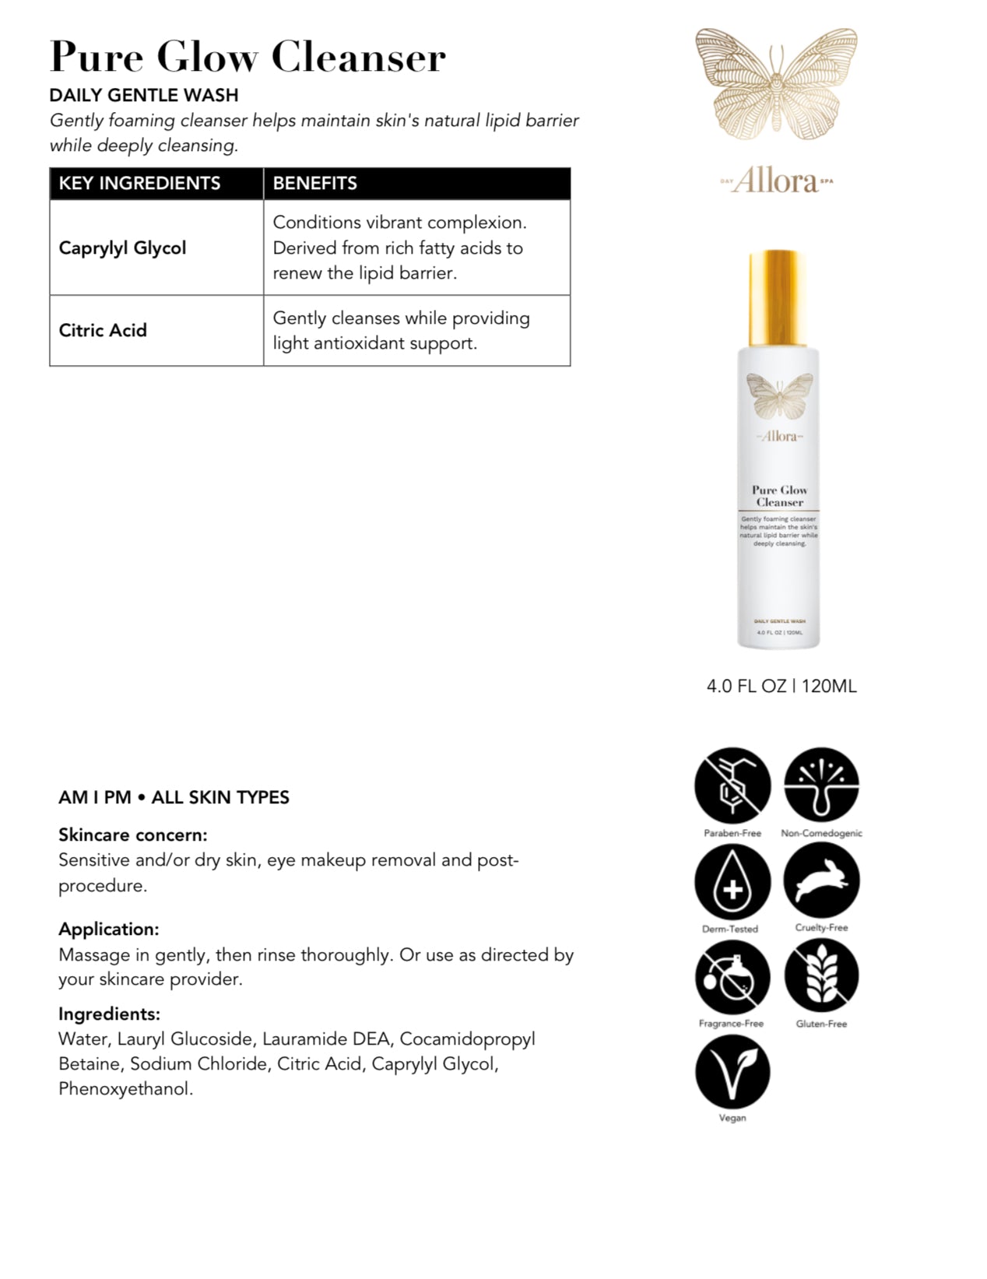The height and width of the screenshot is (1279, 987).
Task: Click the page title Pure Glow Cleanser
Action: point(248,57)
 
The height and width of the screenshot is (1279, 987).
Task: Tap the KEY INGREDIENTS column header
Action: point(140,184)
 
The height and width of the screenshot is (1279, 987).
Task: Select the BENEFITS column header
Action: point(315,184)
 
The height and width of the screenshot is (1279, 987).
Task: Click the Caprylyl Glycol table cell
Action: point(123,248)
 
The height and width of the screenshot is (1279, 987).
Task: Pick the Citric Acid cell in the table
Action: point(103,330)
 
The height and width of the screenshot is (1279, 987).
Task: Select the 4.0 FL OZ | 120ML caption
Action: point(782,686)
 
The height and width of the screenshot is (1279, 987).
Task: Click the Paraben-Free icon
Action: point(732,785)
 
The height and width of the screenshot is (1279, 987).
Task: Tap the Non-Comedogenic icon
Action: point(821,785)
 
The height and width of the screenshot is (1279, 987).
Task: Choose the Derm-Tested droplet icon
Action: point(732,882)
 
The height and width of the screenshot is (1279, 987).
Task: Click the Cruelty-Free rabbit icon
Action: point(821,880)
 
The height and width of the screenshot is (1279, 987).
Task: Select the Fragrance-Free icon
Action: point(732,977)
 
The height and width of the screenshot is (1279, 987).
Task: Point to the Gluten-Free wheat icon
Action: point(821,977)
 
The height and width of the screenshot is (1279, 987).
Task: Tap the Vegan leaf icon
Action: point(732,1071)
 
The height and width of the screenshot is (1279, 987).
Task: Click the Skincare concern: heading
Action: point(133,835)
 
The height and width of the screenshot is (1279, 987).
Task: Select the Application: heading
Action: point(109,929)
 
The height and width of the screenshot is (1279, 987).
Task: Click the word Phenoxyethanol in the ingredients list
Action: point(125,1089)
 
